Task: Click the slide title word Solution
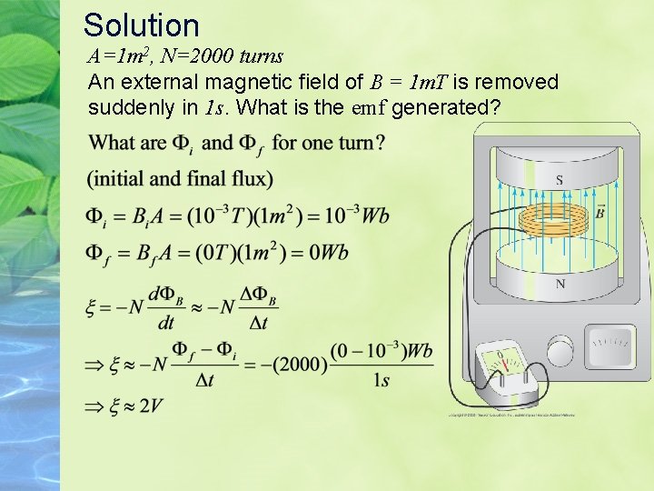click(x=141, y=25)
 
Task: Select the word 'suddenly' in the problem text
click(x=131, y=107)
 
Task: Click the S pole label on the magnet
click(x=559, y=179)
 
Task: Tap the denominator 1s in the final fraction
click(x=381, y=380)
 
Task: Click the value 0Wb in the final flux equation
click(x=327, y=252)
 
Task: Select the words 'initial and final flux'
click(x=181, y=177)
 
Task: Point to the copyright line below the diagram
click(x=510, y=416)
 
